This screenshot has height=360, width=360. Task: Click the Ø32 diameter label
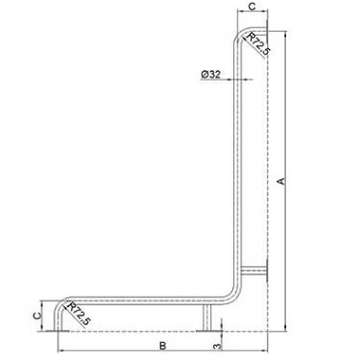coord(211,74)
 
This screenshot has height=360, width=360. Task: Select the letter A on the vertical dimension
coord(281,180)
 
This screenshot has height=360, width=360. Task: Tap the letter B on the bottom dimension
coord(163,346)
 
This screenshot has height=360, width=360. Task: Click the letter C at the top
coord(252,7)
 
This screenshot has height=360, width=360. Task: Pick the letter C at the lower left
coord(37,316)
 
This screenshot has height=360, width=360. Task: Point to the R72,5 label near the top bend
coord(258,43)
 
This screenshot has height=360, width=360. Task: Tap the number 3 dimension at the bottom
coord(217,347)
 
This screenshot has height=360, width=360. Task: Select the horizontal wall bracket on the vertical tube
coord(253,271)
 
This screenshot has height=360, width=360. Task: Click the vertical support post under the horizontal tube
coord(207,317)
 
